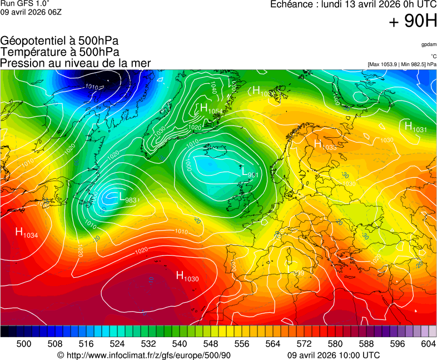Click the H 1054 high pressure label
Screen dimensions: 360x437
tap(211, 109)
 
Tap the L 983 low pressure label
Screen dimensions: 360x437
tap(128, 197)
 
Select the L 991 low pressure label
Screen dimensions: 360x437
tap(250, 173)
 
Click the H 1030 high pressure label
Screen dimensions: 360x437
tap(187, 276)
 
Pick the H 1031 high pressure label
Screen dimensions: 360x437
tap(415, 128)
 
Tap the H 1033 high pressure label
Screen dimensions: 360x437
tap(325, 145)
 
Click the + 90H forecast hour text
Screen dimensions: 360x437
tap(413, 22)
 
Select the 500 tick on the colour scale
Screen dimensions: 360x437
tap(24, 344)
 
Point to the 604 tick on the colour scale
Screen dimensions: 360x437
tap(428, 344)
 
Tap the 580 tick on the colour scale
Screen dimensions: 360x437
tap(335, 344)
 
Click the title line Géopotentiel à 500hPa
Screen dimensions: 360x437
tap(59, 42)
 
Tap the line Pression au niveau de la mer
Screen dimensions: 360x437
tap(76, 63)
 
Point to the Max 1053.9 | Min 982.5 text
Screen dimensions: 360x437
tap(402, 64)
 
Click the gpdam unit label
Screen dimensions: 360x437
tap(429, 44)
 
